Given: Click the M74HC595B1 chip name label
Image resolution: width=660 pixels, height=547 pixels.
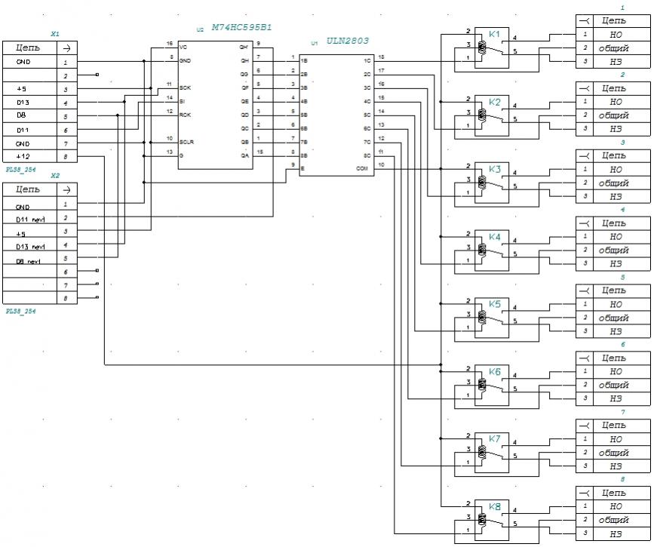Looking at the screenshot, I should coord(242,27).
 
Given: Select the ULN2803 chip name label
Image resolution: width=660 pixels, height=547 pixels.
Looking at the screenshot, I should coord(348,41).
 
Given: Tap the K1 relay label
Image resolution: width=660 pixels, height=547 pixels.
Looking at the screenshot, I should coord(494,34).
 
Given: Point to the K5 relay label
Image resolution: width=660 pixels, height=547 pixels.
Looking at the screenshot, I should coord(494,303).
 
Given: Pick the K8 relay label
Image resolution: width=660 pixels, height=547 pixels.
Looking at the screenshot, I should coord(494,506).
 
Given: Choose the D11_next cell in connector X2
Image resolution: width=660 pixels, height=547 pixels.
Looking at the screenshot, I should coord(30,219).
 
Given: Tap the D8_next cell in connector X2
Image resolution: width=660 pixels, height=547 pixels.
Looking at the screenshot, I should coord(29,260).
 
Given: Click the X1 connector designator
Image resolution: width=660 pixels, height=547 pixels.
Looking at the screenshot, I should coord(54,34).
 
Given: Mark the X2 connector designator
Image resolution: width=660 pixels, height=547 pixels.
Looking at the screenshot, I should coord(54,175).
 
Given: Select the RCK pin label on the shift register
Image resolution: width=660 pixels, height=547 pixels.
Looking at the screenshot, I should coord(185,115).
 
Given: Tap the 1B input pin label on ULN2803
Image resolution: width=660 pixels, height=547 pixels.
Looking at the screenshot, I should coord(303,60).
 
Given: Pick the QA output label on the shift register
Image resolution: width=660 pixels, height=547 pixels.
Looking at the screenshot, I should coord(244,154).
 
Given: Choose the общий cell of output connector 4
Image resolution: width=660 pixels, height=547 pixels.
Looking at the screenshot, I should coord(614,250).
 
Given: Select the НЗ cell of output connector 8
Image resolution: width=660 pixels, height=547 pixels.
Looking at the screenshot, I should coord(614,533).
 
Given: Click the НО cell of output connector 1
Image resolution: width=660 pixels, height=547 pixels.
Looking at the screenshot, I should coord(614,34).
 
